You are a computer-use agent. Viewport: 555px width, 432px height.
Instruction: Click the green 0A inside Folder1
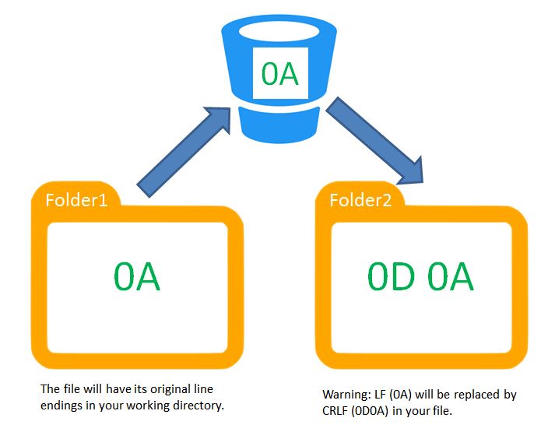tap(136, 277)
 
